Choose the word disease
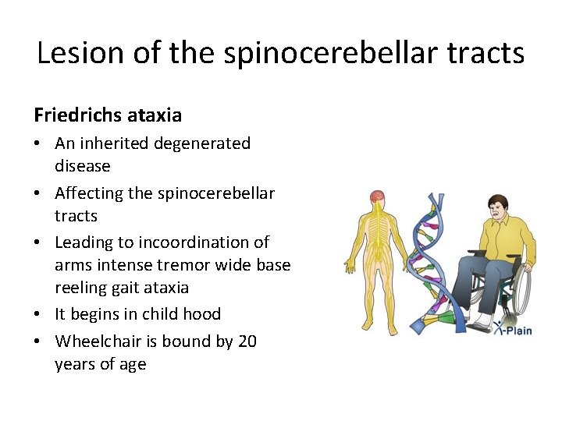[x=82, y=166]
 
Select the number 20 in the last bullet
[x=247, y=341]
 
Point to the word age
[x=132, y=364]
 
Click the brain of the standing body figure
[x=377, y=197]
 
